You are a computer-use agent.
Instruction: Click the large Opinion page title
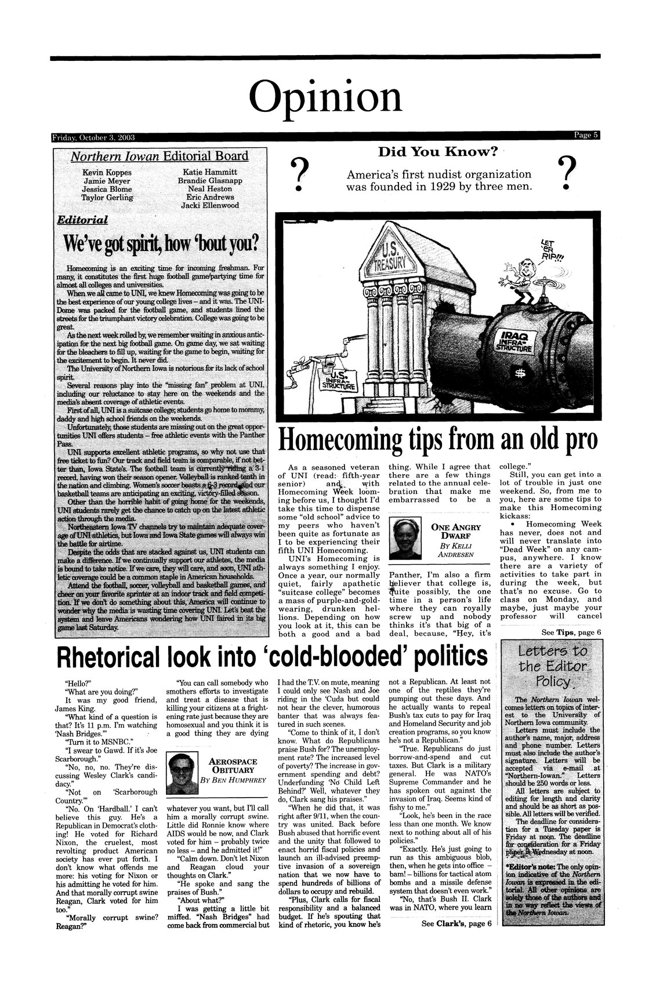tap(325, 97)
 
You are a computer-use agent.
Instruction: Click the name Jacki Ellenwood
tap(209, 205)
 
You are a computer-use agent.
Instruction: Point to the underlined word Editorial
tap(82, 220)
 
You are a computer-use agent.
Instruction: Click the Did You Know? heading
tap(438, 152)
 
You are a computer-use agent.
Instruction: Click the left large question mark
tap(298, 176)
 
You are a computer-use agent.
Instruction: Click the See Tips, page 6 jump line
tap(571, 632)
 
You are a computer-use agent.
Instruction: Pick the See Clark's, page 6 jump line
tap(455, 923)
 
